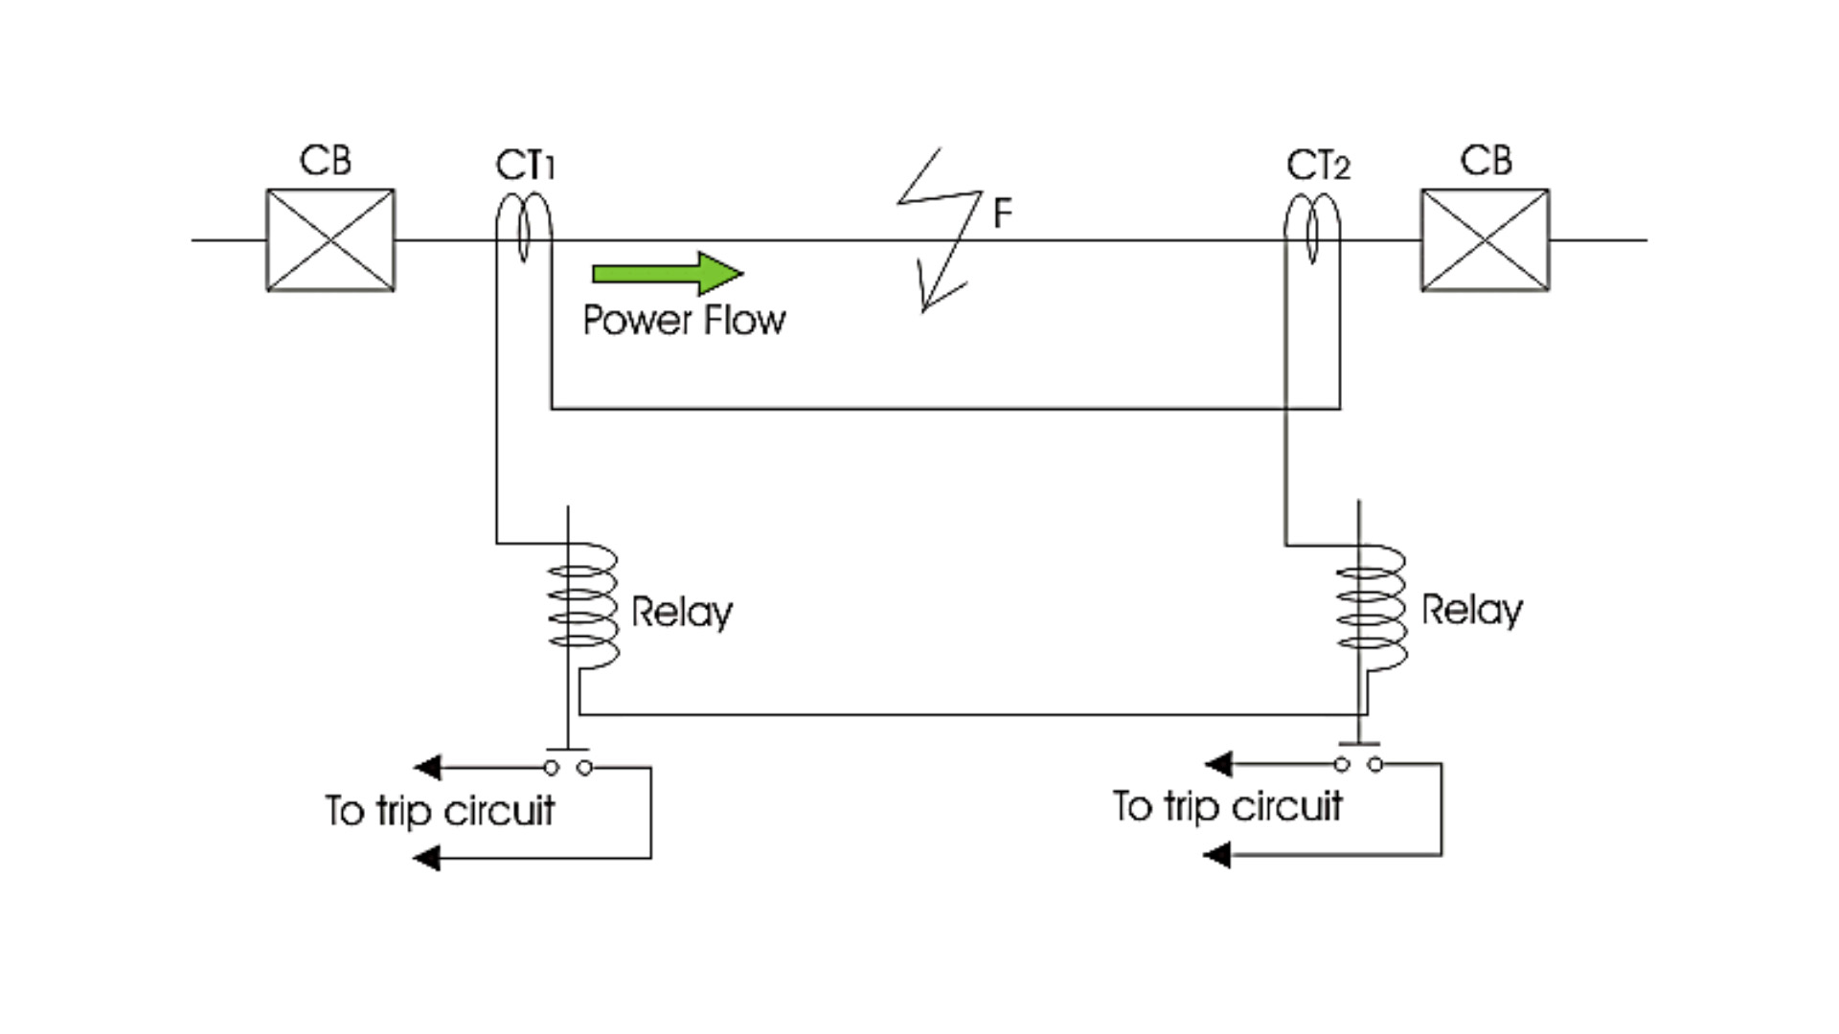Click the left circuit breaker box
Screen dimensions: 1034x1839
[x=330, y=240]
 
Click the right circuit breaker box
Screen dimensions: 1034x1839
[x=1485, y=240]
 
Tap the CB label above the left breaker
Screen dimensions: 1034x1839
[x=326, y=161]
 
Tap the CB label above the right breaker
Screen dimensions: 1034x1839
[x=1486, y=161]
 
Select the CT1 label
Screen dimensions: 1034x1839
[x=525, y=166]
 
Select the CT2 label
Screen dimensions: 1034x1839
[x=1318, y=166]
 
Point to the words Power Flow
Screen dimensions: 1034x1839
[x=684, y=320]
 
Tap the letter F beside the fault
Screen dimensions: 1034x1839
[x=1002, y=213]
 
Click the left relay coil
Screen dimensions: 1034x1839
[x=582, y=607]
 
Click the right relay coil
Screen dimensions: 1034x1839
[x=1372, y=607]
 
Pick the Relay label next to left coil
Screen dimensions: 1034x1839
[x=682, y=613]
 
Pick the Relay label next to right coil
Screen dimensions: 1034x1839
[x=1471, y=611]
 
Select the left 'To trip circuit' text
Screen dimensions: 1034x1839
[x=440, y=812]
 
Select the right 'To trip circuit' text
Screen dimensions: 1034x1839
[x=1227, y=807]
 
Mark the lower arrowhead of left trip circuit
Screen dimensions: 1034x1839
[x=427, y=858]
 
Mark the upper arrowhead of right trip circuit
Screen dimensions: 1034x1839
[x=1218, y=764]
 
